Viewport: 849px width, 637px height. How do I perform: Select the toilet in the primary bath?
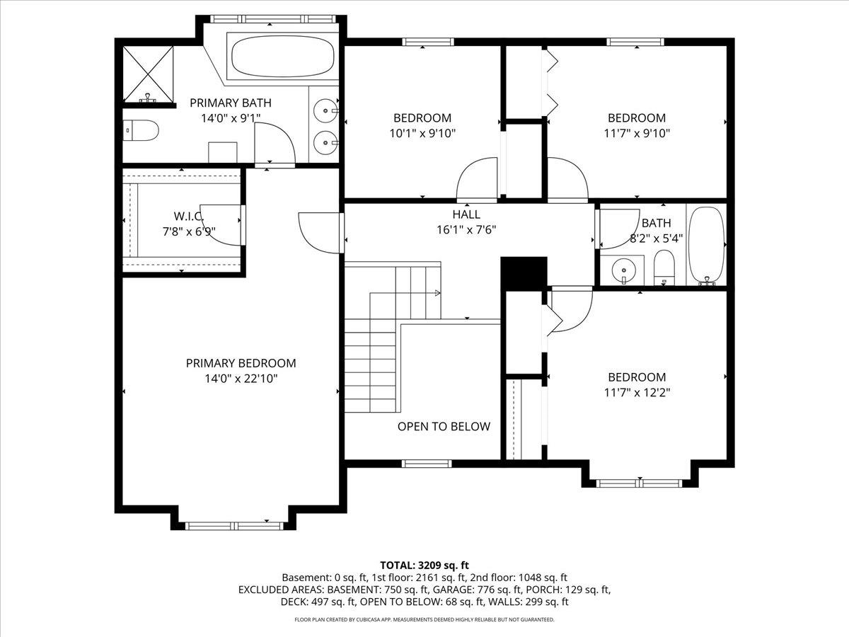[x=140, y=130]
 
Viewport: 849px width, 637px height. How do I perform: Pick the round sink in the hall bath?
[x=623, y=270]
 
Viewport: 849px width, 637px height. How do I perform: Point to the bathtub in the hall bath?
[x=707, y=244]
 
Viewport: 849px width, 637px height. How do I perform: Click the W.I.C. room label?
[x=188, y=215]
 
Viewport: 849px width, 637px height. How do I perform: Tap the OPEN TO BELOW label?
[x=444, y=426]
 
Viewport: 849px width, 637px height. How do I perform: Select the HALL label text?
[x=466, y=214]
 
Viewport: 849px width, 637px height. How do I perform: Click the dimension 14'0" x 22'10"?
[x=241, y=379]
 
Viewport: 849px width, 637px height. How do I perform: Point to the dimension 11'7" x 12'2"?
[x=637, y=392]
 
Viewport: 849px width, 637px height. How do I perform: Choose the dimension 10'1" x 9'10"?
[x=422, y=132]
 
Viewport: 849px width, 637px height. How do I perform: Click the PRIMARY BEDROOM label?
[x=241, y=363]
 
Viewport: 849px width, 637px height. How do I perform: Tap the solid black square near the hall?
[x=524, y=272]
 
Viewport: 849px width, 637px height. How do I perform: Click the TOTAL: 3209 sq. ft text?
[x=424, y=565]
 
